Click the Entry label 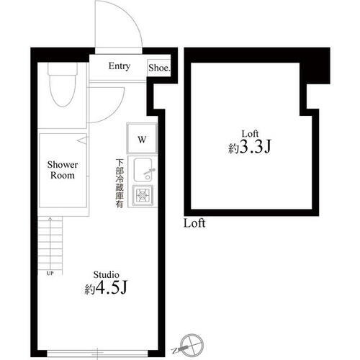[x=120, y=66]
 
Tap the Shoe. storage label [x=159, y=68]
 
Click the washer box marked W [x=142, y=138]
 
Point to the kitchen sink [x=143, y=170]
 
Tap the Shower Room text [x=63, y=170]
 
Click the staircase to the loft [x=50, y=245]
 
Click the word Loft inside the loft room [x=249, y=133]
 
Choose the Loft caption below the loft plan [x=194, y=223]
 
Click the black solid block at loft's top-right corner [x=315, y=69]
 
